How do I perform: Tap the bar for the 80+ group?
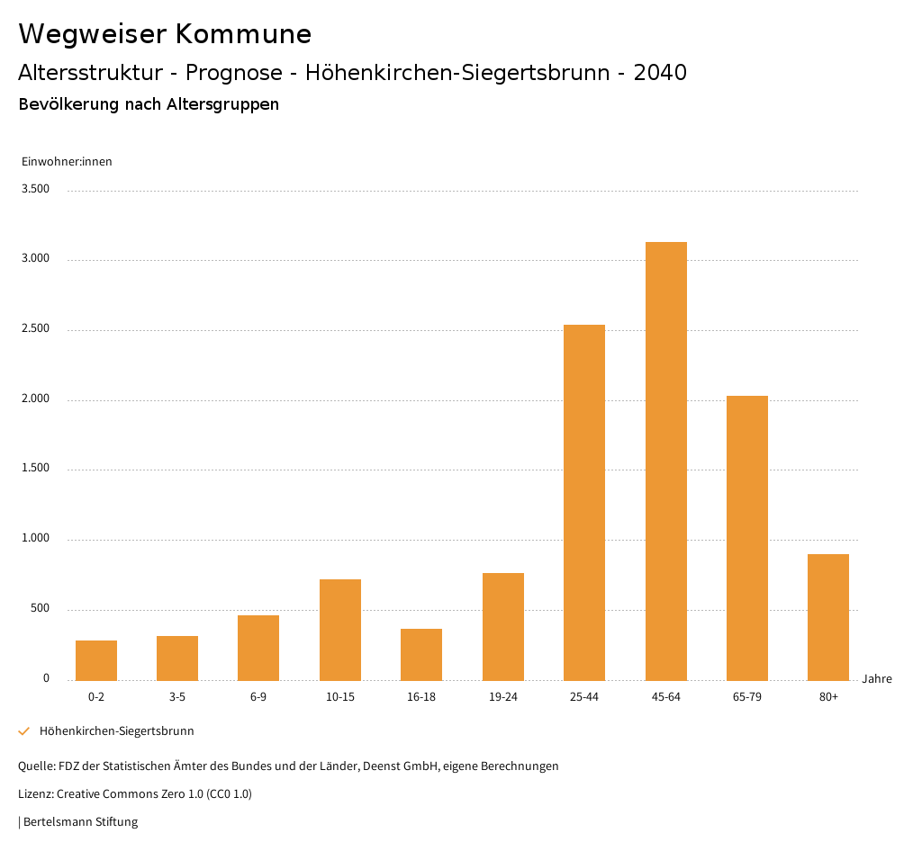tap(828, 617)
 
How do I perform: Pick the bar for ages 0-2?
tap(96, 660)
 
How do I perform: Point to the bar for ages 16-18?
tap(421, 654)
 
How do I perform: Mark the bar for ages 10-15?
tap(340, 630)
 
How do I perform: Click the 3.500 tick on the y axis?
tap(36, 189)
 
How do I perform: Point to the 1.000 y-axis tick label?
tap(36, 539)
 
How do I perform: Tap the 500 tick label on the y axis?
tap(40, 609)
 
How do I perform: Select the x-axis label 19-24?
tap(503, 697)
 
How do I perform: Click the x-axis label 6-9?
tap(258, 697)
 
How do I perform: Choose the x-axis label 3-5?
tap(177, 697)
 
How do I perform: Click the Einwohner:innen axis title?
tap(67, 162)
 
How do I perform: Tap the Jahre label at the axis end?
tap(877, 679)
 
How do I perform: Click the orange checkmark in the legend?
tap(24, 731)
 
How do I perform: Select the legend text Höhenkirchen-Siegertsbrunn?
tap(117, 731)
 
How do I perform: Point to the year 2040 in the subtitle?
tap(660, 73)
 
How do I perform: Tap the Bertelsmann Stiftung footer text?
tap(80, 822)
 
